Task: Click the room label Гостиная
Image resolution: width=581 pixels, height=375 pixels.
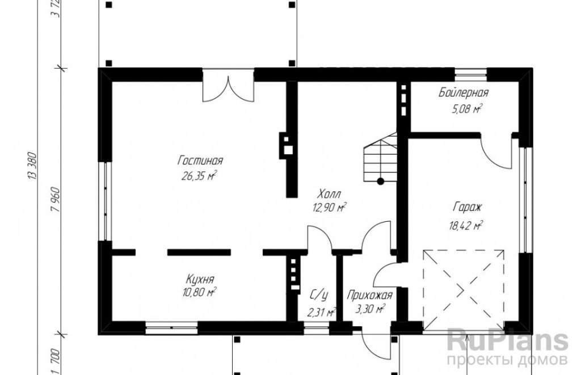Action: coord(200,161)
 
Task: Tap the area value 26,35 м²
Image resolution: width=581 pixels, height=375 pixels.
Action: coord(199,176)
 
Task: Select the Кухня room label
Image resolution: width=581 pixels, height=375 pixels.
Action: coord(200,279)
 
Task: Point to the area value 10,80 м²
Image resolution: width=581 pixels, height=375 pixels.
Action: coord(199,292)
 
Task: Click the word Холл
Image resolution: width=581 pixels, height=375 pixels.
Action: coord(330,194)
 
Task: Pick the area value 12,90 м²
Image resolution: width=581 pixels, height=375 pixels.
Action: coord(330,208)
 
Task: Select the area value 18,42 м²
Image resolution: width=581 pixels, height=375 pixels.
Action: coord(466,225)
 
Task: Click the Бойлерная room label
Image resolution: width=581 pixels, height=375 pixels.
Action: coord(464,92)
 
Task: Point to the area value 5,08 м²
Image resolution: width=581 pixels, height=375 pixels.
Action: coord(466,108)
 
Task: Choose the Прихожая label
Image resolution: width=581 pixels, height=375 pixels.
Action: coord(369,296)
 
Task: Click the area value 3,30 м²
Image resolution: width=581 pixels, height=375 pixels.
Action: coord(370,309)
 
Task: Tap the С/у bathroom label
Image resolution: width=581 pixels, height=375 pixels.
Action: coord(319,296)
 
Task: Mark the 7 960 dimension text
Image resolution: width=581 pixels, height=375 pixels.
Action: coord(55,203)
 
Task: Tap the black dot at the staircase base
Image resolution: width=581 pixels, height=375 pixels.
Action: coord(381,181)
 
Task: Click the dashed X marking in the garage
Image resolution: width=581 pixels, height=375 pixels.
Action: coord(463,290)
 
